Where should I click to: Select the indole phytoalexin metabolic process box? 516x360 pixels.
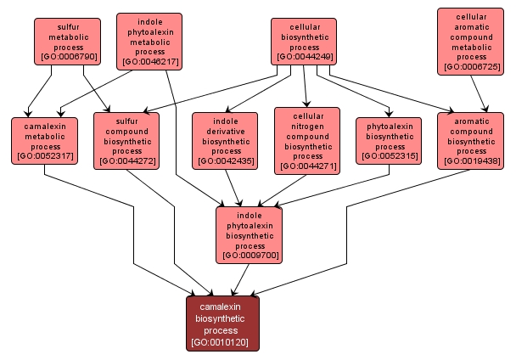point(149,40)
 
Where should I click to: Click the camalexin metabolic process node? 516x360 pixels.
point(44,140)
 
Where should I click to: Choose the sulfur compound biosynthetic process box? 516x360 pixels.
point(126,141)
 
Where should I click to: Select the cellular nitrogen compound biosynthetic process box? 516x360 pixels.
point(306,140)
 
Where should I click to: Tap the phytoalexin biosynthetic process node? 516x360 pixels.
point(390,139)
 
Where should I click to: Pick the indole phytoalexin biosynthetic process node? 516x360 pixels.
point(249,233)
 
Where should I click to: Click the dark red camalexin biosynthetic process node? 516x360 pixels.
point(222,323)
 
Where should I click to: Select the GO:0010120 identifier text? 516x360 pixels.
point(222,342)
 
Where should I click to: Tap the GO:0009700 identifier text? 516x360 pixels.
point(249,255)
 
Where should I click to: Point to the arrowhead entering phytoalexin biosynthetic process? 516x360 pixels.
point(389,114)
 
